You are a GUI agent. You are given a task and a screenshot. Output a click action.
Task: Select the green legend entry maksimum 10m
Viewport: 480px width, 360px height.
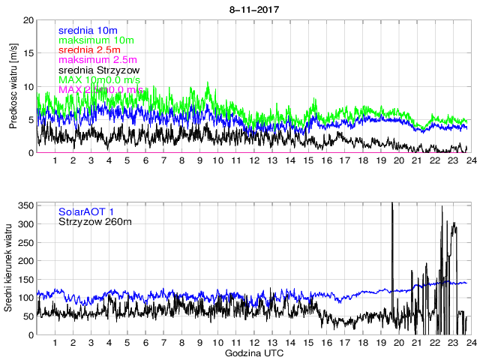[x=95, y=40]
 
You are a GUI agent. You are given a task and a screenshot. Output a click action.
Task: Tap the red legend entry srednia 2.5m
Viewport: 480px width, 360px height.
[x=91, y=49]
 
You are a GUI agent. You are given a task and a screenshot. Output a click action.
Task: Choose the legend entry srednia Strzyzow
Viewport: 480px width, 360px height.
[x=98, y=70]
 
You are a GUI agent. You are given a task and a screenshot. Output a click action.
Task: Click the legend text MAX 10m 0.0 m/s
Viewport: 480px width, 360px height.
[x=104, y=79]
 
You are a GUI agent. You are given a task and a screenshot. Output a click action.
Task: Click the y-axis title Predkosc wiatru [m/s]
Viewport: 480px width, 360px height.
[x=13, y=87]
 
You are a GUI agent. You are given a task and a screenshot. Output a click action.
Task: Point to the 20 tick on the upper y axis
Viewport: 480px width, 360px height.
[x=28, y=20]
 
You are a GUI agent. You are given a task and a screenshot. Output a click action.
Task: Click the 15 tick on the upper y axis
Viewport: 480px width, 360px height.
[x=28, y=53]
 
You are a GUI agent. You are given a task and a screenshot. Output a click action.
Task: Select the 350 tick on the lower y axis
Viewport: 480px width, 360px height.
[x=25, y=205]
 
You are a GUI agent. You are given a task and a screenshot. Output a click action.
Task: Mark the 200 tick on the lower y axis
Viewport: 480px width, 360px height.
[x=25, y=261]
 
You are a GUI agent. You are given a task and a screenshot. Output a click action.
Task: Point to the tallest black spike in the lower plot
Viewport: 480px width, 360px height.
[x=392, y=204]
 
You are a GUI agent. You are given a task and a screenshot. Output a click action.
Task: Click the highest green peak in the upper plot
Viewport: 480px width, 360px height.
[x=207, y=83]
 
